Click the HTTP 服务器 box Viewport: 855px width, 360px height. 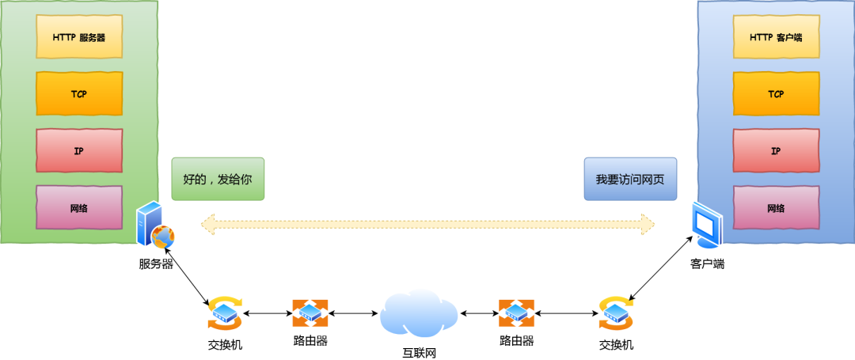click(79, 36)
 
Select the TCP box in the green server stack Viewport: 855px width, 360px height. click(79, 93)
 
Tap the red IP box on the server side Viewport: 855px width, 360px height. click(79, 150)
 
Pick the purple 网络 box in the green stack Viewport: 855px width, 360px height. click(79, 208)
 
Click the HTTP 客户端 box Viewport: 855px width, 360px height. click(776, 36)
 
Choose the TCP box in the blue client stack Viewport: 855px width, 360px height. click(776, 93)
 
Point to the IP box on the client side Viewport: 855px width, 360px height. click(776, 150)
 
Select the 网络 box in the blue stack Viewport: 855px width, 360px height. click(776, 208)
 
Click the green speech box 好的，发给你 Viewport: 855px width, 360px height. click(218, 179)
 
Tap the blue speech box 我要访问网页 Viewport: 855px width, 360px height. click(630, 179)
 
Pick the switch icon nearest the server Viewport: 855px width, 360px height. click(225, 313)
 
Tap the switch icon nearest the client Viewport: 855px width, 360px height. click(616, 313)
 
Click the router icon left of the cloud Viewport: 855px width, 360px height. click(310, 313)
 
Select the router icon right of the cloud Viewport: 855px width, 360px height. click(516, 313)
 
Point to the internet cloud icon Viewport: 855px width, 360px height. click(419, 313)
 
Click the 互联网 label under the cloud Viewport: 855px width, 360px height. click(419, 352)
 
